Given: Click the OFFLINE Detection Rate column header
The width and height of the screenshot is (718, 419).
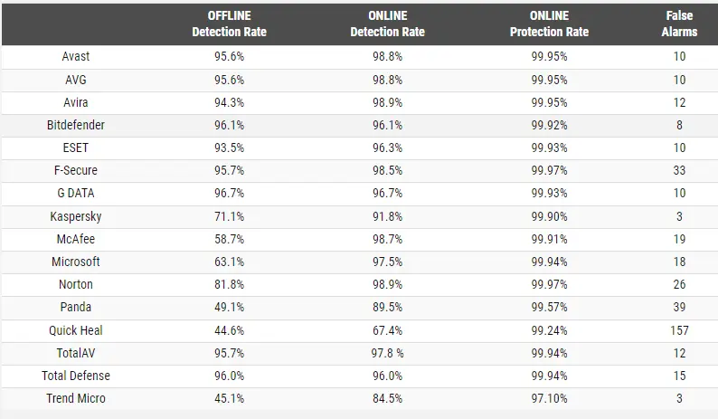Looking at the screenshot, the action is click(x=229, y=24).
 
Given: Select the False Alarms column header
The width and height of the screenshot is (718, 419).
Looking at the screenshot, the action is click(x=679, y=24).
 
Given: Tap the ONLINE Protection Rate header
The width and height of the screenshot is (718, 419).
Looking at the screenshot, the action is click(x=549, y=24).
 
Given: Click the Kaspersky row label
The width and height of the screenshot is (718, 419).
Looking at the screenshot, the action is click(x=76, y=216).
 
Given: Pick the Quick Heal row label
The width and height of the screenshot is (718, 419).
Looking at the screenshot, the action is click(x=76, y=330).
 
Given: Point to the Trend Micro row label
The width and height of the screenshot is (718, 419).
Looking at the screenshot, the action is click(x=76, y=398).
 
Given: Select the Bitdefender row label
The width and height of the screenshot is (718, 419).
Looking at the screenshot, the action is click(x=76, y=125).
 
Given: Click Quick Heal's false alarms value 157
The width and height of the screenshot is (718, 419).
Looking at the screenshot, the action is click(x=679, y=330).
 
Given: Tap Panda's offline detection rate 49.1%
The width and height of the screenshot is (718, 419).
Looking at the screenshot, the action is click(x=229, y=307).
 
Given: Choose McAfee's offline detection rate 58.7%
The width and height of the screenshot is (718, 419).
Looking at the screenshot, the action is click(x=229, y=239).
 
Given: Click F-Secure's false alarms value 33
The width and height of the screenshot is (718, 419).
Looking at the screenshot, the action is click(x=679, y=170).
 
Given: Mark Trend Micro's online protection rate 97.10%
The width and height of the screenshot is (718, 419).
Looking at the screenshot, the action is click(x=549, y=398).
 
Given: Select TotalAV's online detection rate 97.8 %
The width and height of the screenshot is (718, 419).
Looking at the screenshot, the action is click(x=387, y=354).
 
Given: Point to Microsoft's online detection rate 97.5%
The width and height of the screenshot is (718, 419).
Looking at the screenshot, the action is click(x=387, y=262).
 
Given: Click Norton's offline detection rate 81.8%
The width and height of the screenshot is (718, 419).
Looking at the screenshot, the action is click(x=229, y=285).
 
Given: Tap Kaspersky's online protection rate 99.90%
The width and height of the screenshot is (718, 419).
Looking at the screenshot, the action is click(x=549, y=216).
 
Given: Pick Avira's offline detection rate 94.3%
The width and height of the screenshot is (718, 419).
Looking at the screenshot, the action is click(x=229, y=102).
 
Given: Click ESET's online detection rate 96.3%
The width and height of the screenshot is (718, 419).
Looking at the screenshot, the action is click(x=387, y=148).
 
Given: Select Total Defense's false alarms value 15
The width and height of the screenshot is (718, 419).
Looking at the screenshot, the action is click(x=679, y=376).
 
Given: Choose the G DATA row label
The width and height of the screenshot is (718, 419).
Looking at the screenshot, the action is click(x=76, y=193).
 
